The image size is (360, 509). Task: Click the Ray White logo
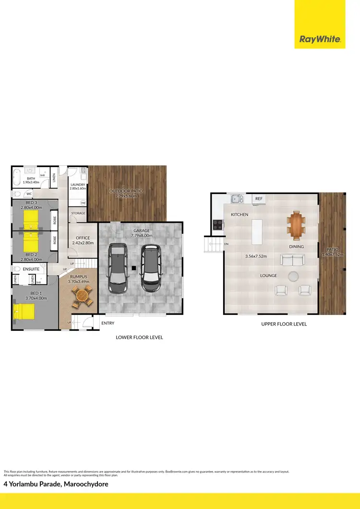[320, 39]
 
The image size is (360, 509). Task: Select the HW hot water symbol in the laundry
[83, 203]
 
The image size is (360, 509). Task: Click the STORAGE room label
[78, 213]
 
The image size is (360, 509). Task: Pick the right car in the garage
[150, 267]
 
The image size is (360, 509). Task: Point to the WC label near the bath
[29, 194]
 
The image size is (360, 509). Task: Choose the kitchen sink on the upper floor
[236, 198]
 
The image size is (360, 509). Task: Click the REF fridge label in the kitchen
[259, 198]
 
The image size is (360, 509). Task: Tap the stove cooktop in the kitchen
[216, 223]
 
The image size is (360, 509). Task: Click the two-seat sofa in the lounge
[292, 261]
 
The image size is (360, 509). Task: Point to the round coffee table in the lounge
[292, 276]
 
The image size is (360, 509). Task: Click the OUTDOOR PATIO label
[126, 191]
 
